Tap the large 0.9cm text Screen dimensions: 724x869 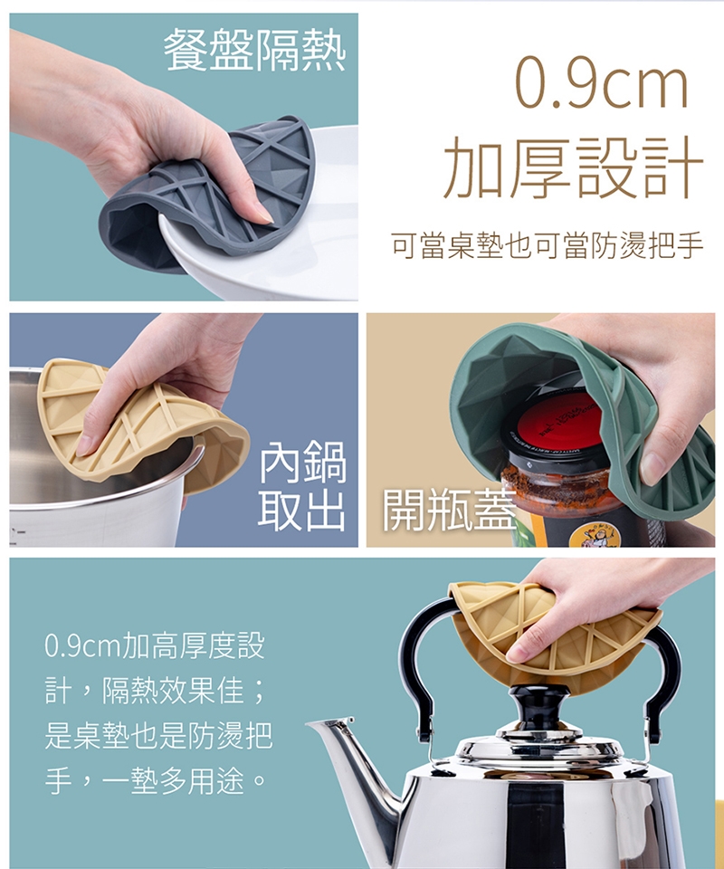click(602, 81)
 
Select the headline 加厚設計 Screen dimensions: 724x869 click(574, 167)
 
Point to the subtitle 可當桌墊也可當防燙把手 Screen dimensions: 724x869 click(548, 246)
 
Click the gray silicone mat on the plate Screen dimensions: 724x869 click(211, 194)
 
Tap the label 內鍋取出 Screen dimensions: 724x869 click(303, 485)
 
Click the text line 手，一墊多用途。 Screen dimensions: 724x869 click(155, 781)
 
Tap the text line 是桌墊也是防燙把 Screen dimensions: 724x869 click(157, 736)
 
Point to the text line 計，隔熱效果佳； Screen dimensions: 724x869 click(155, 691)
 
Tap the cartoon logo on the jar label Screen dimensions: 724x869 click(590, 536)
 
